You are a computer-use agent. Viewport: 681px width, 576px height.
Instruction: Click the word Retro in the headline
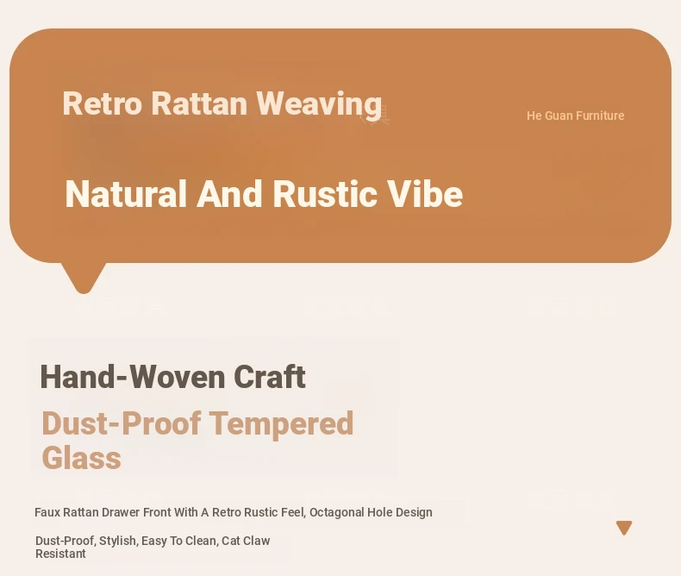point(103,103)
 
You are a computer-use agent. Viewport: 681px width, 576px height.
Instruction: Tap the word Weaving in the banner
point(319,104)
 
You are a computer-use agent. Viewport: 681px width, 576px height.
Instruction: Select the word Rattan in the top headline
point(199,103)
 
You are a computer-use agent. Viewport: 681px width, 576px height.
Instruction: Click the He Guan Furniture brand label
point(576,116)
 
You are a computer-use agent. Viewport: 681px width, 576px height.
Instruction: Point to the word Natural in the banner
point(126,194)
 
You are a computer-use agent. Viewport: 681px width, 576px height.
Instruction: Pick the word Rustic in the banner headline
point(325,194)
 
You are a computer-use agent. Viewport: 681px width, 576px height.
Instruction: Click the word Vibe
point(425,194)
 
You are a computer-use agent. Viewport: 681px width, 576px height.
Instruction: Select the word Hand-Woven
point(132,377)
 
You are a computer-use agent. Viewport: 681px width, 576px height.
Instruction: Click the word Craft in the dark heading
point(270,377)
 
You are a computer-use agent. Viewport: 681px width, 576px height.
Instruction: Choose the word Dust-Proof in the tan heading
point(122,423)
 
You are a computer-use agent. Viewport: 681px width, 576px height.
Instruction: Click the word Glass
point(82,458)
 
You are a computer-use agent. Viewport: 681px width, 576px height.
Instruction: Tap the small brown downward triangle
point(624,528)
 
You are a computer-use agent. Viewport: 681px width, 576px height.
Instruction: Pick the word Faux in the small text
point(47,512)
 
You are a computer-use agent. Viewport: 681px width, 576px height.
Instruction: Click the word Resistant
point(60,554)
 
